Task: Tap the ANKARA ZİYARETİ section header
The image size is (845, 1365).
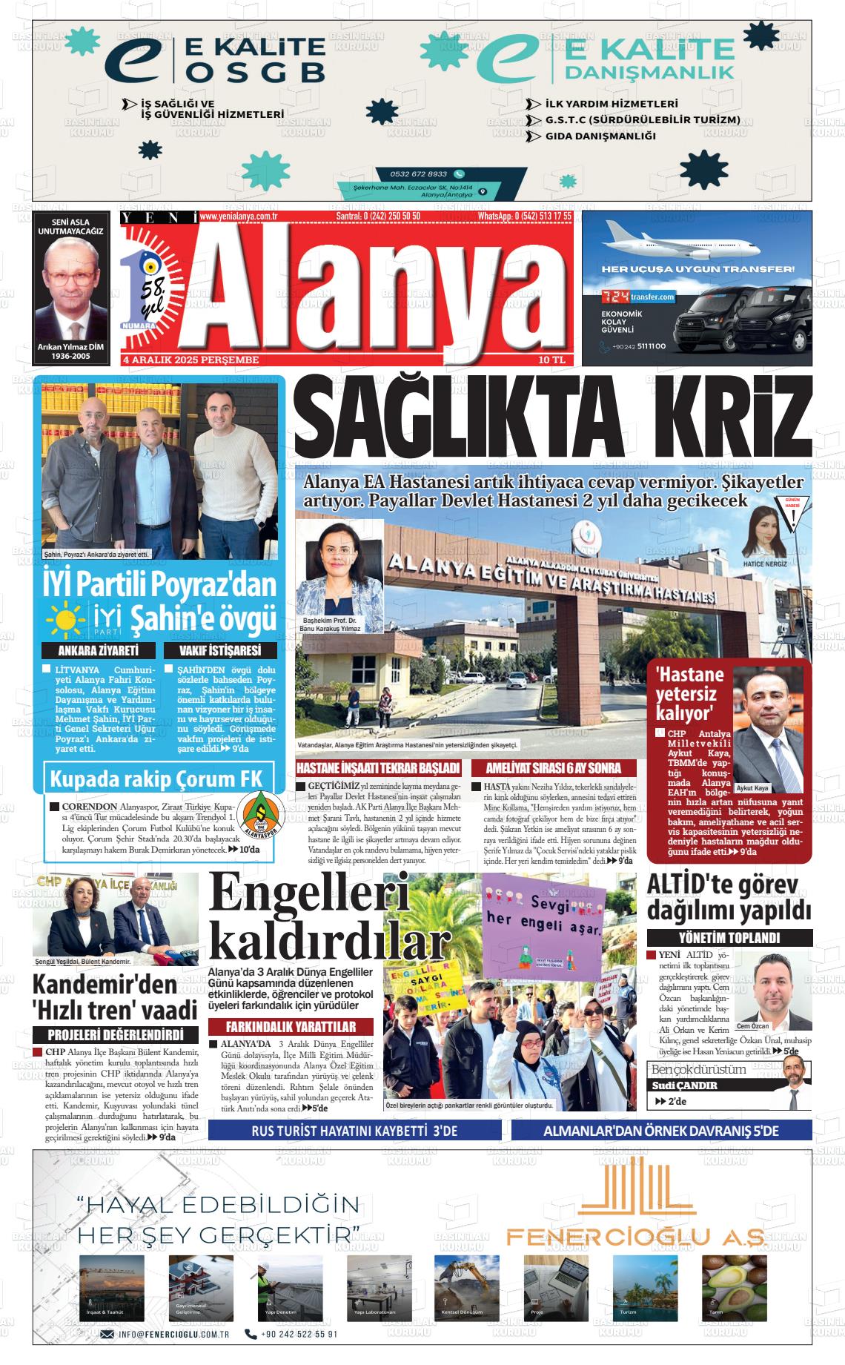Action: pyautogui.click(x=99, y=651)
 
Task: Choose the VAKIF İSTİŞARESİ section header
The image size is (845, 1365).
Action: pyautogui.click(x=219, y=651)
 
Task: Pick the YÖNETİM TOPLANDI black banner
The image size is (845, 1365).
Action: pyautogui.click(x=729, y=937)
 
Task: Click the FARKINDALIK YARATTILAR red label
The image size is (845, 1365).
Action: pyautogui.click(x=291, y=1027)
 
